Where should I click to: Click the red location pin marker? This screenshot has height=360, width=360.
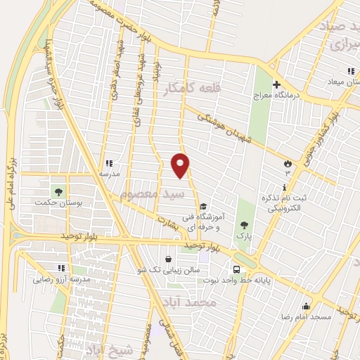(181, 165)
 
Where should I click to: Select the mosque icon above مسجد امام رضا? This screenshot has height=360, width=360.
(305, 307)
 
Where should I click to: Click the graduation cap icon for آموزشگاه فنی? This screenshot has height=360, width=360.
(203, 207)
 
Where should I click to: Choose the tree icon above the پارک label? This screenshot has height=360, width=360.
(244, 225)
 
